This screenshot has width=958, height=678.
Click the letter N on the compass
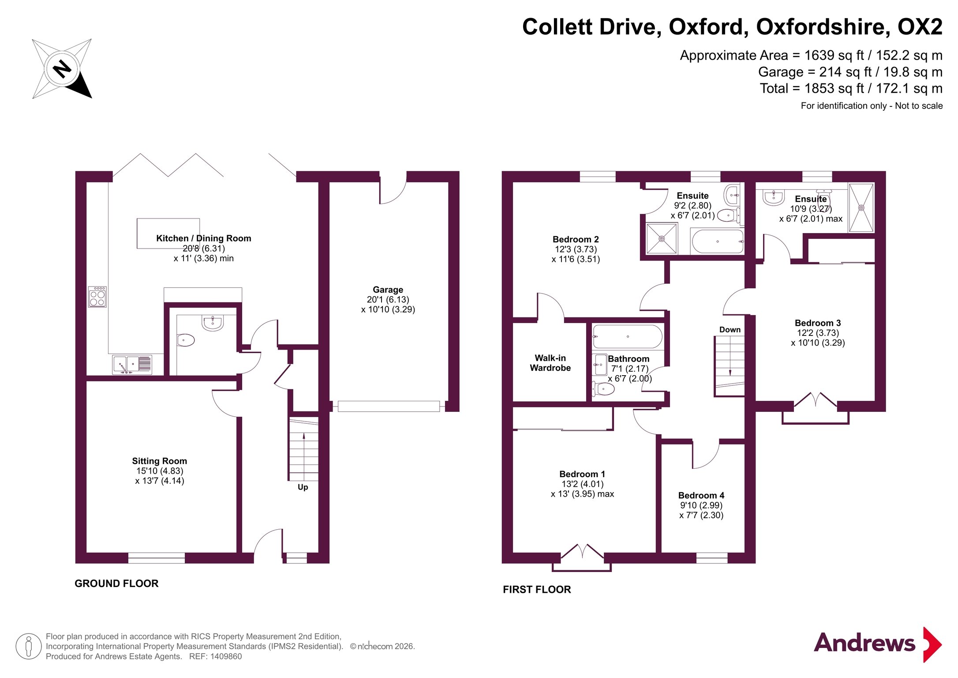coord(62,68)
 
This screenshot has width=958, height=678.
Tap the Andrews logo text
coord(864,643)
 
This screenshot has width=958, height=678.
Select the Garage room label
coord(388,290)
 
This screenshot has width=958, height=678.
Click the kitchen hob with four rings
coord(97,297)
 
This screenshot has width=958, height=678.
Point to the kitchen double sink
coord(132,365)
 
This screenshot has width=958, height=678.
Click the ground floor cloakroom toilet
coord(186,340)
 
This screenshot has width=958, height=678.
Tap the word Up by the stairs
coord(303,487)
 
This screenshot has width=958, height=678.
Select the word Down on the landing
coord(730,330)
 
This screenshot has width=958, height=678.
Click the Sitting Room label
coord(160,461)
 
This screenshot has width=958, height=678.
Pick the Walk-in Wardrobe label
coord(550,363)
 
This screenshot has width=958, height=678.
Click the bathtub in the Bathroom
coord(627,337)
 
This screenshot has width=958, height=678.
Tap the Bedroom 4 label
coord(701,495)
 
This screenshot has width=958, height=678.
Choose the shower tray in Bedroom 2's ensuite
coord(662,239)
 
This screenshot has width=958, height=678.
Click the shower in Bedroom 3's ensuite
coord(861,207)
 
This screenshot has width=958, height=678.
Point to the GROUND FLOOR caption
coord(116,584)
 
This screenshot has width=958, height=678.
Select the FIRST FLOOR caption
coord(537,590)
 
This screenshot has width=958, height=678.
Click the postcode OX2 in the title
coord(920,27)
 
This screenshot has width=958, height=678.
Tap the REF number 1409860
coord(226,656)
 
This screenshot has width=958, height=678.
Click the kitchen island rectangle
coord(168,234)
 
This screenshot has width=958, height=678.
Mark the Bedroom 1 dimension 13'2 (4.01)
coord(582,484)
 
